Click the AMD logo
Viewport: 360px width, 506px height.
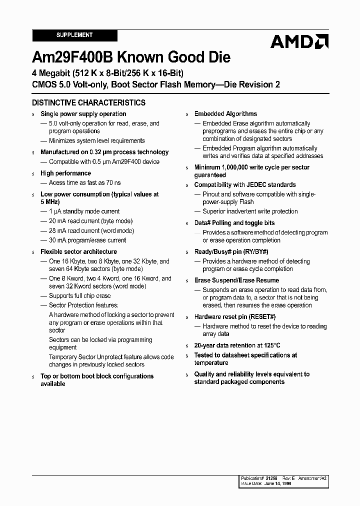(299, 41)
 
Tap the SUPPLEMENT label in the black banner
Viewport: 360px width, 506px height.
(74, 35)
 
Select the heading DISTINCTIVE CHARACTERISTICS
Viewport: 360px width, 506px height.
(88, 102)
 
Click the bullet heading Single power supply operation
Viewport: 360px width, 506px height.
(83, 114)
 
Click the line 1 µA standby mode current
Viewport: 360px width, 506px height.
(84, 211)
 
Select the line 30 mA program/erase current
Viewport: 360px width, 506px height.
(87, 240)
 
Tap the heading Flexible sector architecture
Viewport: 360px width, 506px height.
(78, 252)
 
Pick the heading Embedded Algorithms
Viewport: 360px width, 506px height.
(225, 114)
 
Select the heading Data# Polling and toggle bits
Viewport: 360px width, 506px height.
(234, 223)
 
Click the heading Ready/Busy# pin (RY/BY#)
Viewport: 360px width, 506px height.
(231, 252)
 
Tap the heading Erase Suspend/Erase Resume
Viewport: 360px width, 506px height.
(236, 280)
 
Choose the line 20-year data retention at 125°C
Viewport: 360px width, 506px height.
(237, 345)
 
